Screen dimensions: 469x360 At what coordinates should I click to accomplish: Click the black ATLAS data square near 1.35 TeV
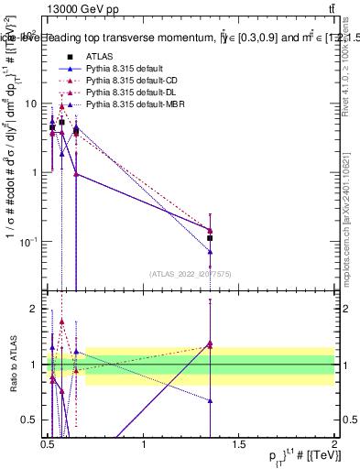click(211, 237)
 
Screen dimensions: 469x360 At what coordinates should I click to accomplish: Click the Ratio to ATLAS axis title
click(13, 365)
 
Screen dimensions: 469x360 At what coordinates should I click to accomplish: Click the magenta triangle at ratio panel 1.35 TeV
click(211, 344)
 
